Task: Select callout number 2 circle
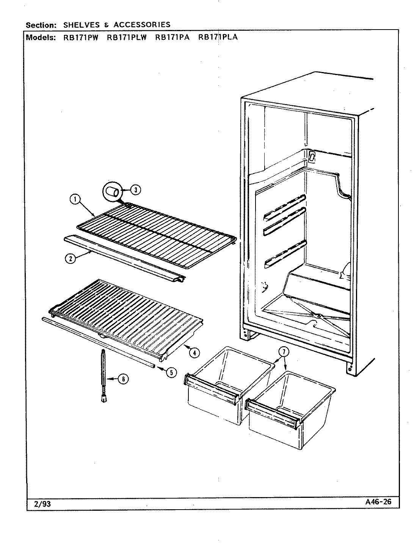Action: click(x=70, y=259)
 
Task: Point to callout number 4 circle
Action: click(x=194, y=353)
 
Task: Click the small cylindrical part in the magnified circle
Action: click(x=112, y=191)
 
